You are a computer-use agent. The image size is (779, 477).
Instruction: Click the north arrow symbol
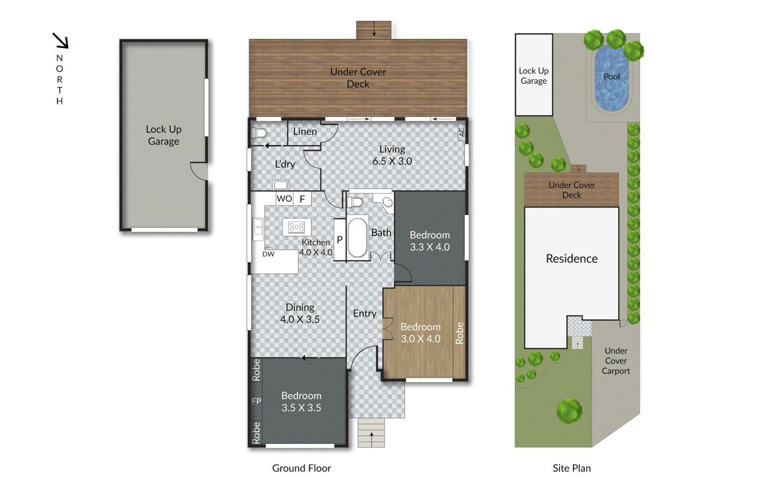[x=60, y=40]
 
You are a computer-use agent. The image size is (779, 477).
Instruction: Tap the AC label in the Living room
[x=462, y=133]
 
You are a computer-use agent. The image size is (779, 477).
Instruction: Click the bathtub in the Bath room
[x=357, y=237]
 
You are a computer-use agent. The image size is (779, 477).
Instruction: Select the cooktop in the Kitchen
[x=297, y=227]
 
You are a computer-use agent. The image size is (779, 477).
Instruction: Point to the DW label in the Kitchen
[x=268, y=254]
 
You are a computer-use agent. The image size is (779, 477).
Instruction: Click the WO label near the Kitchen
[x=284, y=199]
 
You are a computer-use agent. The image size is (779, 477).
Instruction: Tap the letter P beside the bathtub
[x=340, y=240]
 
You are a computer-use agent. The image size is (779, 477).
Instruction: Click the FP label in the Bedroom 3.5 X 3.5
[x=256, y=401]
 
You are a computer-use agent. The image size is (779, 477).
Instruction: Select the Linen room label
[x=305, y=132]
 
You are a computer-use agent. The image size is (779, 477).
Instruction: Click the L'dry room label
[x=285, y=164]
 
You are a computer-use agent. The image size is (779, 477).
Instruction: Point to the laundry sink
[x=280, y=185]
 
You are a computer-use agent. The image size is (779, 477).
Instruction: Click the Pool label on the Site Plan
[x=612, y=77]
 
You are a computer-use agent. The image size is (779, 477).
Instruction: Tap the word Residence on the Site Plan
[x=572, y=259]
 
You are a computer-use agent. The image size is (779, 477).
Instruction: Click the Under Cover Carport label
[x=616, y=361]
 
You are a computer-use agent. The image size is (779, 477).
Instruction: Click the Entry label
[x=365, y=314]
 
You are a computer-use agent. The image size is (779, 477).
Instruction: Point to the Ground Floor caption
[x=301, y=468]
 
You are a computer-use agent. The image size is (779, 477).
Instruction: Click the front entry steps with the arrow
[x=371, y=433]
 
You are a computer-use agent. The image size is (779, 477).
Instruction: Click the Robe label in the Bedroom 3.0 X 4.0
[x=460, y=333]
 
